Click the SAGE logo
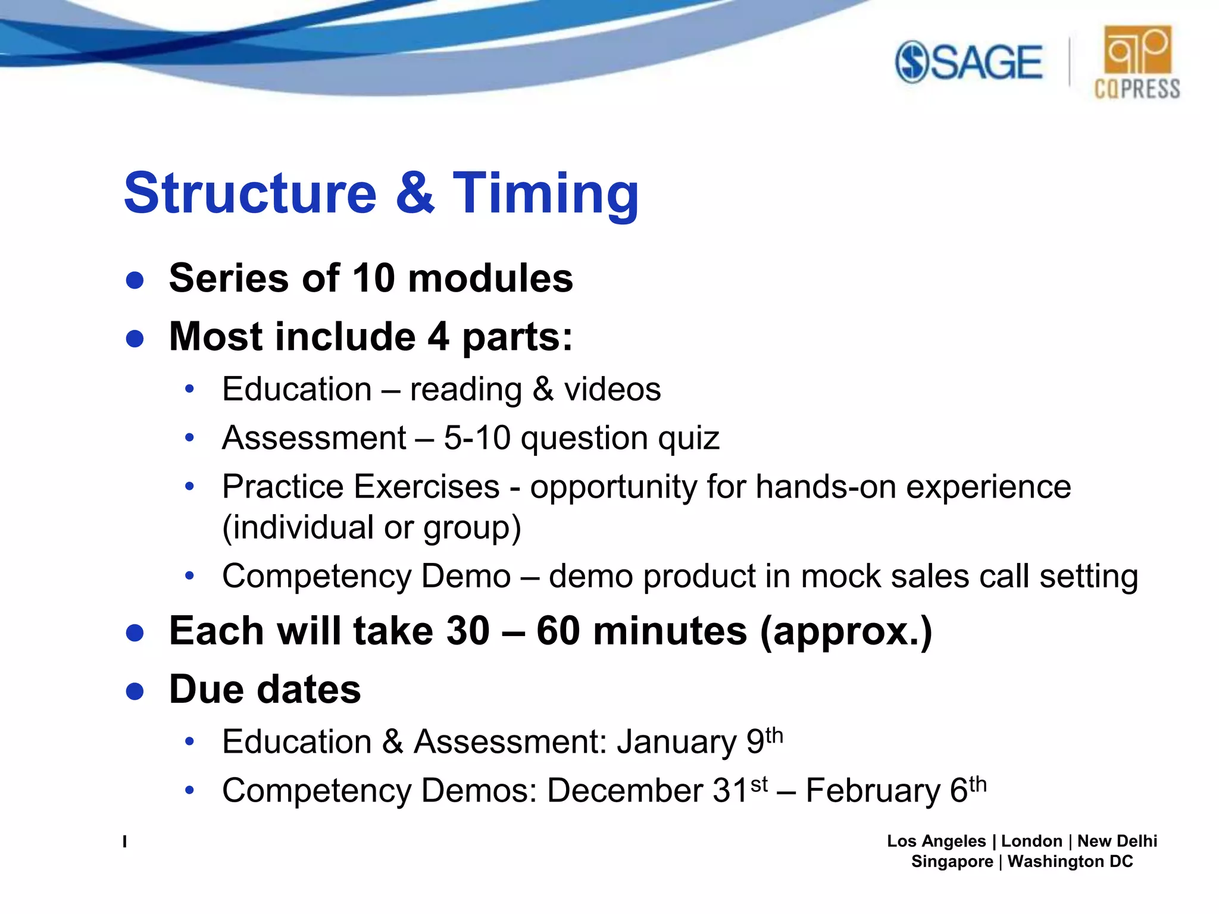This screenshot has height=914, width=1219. [x=969, y=62]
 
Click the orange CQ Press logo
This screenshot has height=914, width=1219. [x=1137, y=62]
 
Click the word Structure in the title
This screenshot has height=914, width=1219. [x=250, y=193]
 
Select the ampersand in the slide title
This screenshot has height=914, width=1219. [x=415, y=193]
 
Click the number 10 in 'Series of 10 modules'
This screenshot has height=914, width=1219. [x=373, y=278]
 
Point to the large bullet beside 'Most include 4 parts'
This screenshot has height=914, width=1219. [x=135, y=339]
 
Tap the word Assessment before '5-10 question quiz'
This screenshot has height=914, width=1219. [x=314, y=439]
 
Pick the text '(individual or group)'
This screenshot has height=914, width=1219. [x=371, y=528]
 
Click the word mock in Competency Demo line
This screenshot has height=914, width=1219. [x=840, y=577]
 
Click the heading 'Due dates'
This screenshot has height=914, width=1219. [x=265, y=690]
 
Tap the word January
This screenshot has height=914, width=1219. [x=677, y=743]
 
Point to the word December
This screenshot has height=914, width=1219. [x=626, y=791]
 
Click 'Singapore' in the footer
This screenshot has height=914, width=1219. [x=951, y=862]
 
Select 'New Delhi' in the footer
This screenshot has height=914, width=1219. [x=1117, y=841]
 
